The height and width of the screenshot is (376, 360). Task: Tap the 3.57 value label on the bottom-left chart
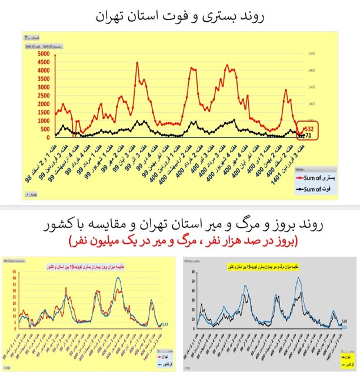[x=165, y=324]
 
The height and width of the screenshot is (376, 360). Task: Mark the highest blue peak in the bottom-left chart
[x=120, y=278]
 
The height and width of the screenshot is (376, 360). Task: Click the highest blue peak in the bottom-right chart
[x=301, y=278]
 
